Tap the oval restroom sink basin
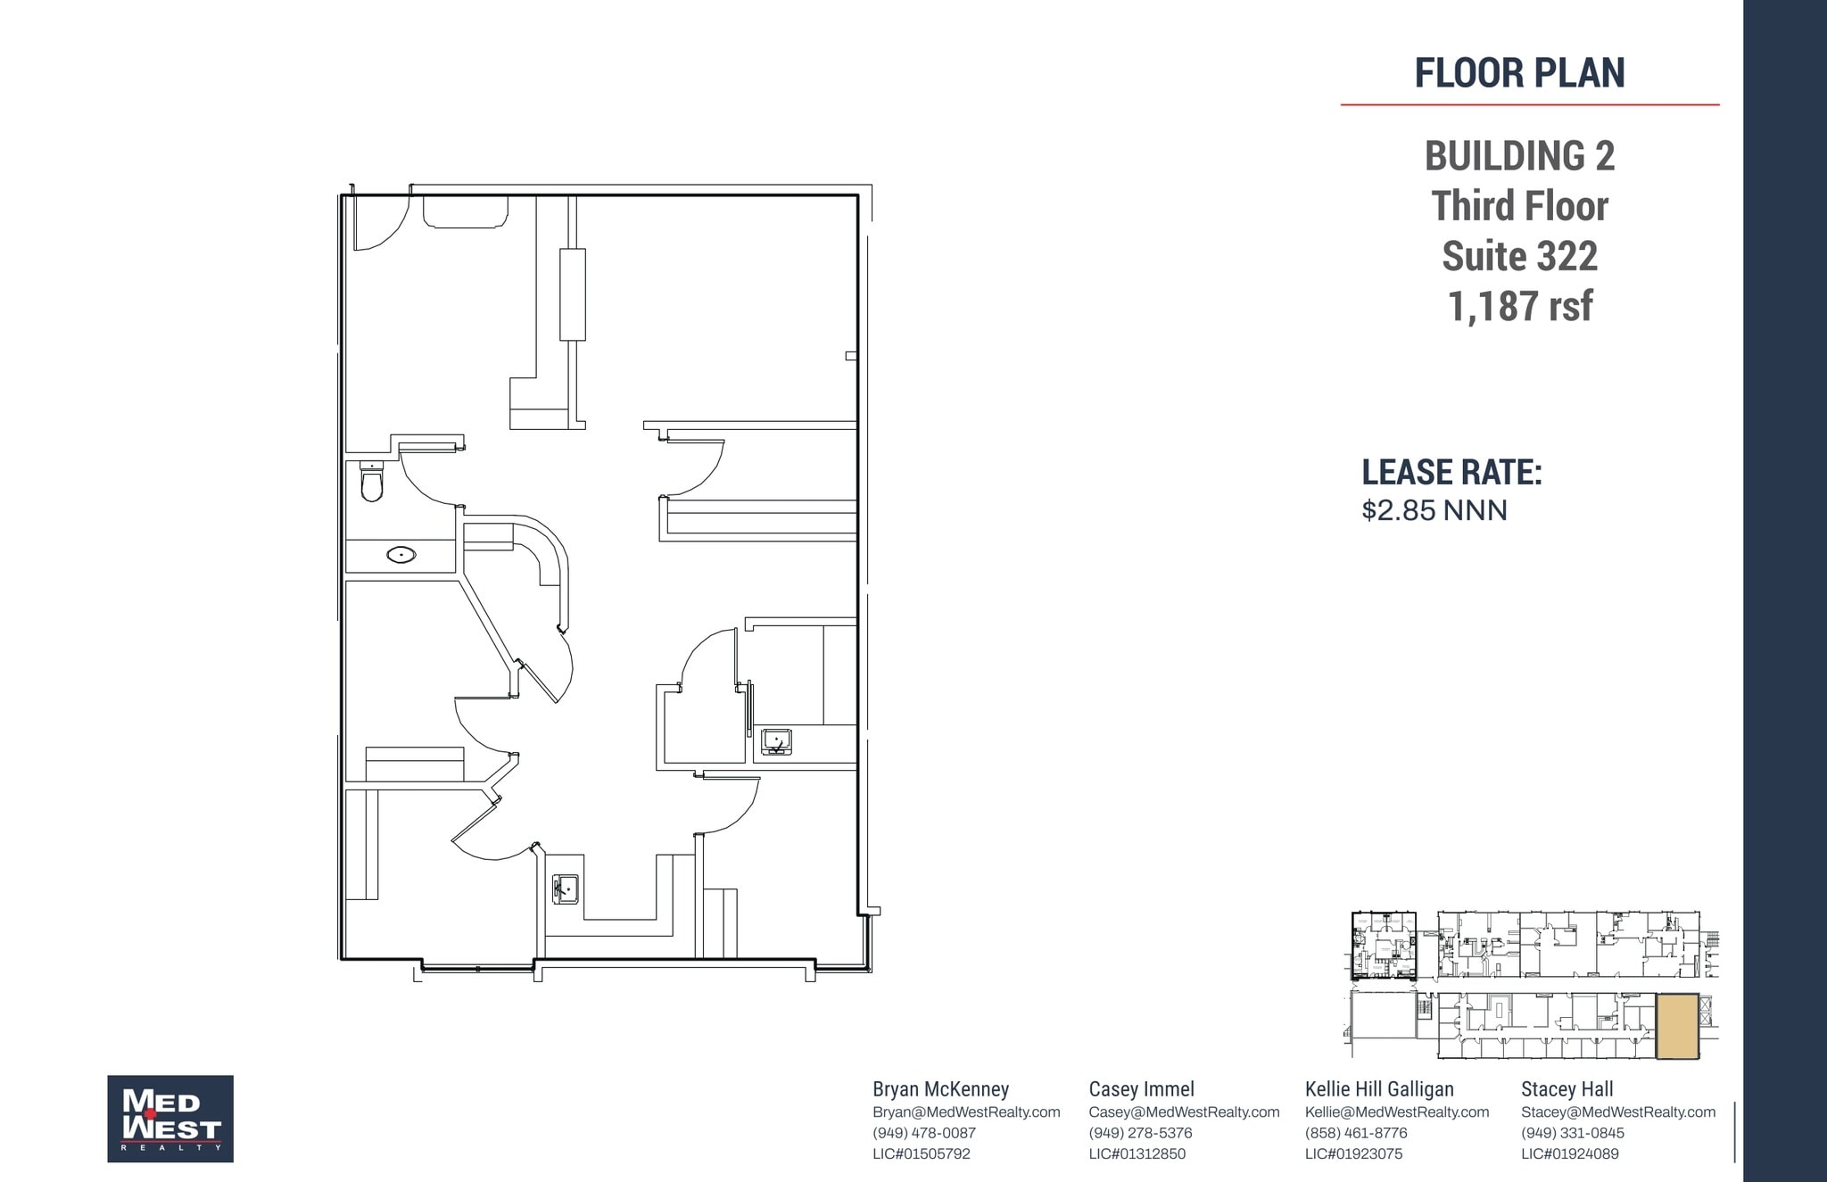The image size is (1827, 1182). (x=401, y=555)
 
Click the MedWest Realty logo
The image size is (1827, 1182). (x=170, y=1119)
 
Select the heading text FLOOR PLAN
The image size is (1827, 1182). (x=1519, y=73)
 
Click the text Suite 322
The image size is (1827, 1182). (x=1519, y=256)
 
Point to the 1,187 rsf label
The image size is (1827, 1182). (x=1519, y=306)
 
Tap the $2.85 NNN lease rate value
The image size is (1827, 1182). (x=1434, y=510)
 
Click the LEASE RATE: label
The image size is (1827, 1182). (x=1451, y=473)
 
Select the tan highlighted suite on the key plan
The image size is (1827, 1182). (x=1677, y=1026)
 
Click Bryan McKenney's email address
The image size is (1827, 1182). (x=966, y=1112)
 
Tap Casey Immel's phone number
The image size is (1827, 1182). (x=1140, y=1133)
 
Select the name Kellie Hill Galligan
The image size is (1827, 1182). (x=1379, y=1089)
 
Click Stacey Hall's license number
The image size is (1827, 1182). (x=1569, y=1153)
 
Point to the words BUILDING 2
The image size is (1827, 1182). (x=1519, y=156)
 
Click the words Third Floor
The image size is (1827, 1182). (x=1519, y=206)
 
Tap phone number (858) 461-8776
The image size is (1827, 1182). (x=1356, y=1133)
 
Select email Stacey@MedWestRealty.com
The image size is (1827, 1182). (x=1618, y=1112)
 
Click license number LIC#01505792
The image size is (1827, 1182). (x=922, y=1153)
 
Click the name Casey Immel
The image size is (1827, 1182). (x=1141, y=1089)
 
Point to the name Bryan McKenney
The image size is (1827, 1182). (x=940, y=1089)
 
